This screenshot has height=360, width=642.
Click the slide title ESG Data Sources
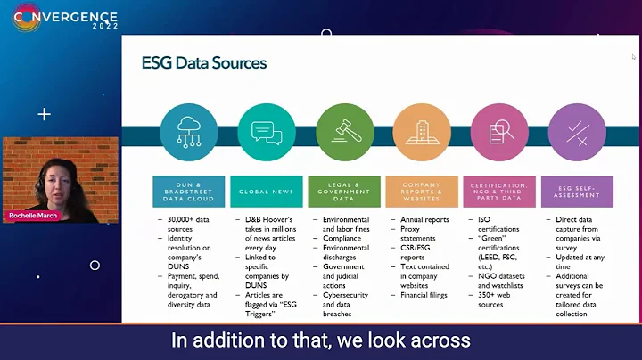coord(204,63)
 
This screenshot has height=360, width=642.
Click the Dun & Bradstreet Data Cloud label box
coord(188,192)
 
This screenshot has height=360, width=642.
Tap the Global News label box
coord(266,192)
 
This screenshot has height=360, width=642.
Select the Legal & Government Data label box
coord(344,192)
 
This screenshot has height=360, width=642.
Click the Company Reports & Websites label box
coord(421,192)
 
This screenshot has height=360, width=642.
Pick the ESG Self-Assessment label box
coord(577,192)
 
